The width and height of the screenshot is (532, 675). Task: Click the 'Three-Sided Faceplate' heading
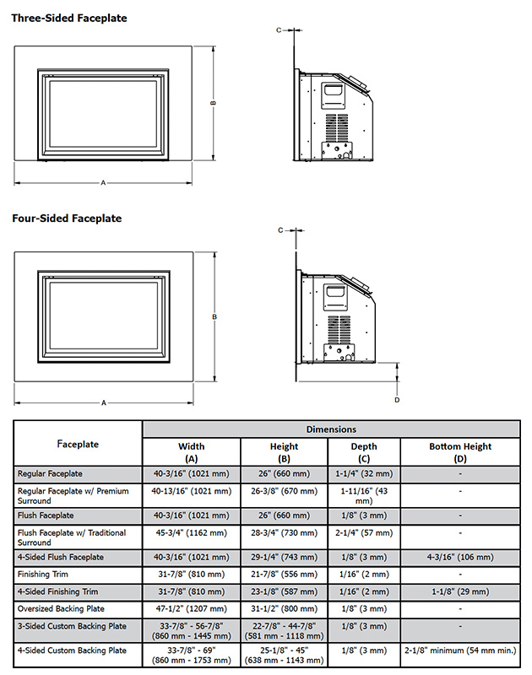tap(69, 17)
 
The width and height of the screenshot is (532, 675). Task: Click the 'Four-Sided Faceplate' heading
tap(67, 218)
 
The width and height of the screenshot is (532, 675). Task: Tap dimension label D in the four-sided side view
tap(397, 399)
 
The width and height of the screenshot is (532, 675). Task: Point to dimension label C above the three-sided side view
tap(278, 30)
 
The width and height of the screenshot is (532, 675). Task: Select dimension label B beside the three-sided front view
tap(214, 103)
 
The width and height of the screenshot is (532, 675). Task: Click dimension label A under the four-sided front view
tap(104, 403)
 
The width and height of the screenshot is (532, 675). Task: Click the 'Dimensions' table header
tap(331, 429)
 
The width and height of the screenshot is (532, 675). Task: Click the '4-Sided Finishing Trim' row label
tap(58, 591)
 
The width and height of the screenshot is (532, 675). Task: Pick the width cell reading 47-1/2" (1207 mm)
tap(191, 608)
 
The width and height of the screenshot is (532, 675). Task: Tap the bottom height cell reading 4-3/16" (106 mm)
tap(459, 558)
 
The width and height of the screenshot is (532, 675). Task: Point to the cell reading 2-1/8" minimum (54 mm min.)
tap(459, 651)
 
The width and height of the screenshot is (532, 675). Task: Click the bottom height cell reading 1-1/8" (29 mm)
tap(459, 591)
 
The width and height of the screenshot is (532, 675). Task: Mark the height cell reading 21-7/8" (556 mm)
tap(284, 575)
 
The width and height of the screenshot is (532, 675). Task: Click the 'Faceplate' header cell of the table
tap(78, 444)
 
